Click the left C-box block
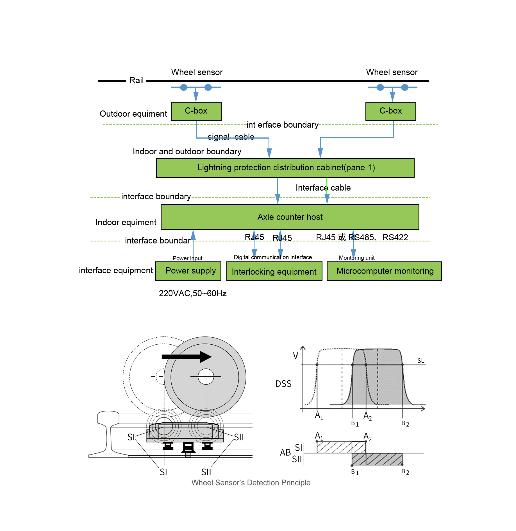(196, 111)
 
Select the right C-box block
(390, 111)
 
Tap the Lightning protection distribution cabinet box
(285, 168)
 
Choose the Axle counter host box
(290, 217)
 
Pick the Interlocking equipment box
(274, 271)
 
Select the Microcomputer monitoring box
(384, 271)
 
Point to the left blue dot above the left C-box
(184, 87)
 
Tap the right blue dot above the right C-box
(405, 87)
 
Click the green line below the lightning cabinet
(327, 186)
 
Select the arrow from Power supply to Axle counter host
(193, 245)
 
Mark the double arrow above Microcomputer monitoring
(353, 244)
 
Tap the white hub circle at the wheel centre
(206, 376)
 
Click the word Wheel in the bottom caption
(202, 483)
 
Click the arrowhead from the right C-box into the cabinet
(320, 153)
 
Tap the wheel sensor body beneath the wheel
(185, 431)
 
